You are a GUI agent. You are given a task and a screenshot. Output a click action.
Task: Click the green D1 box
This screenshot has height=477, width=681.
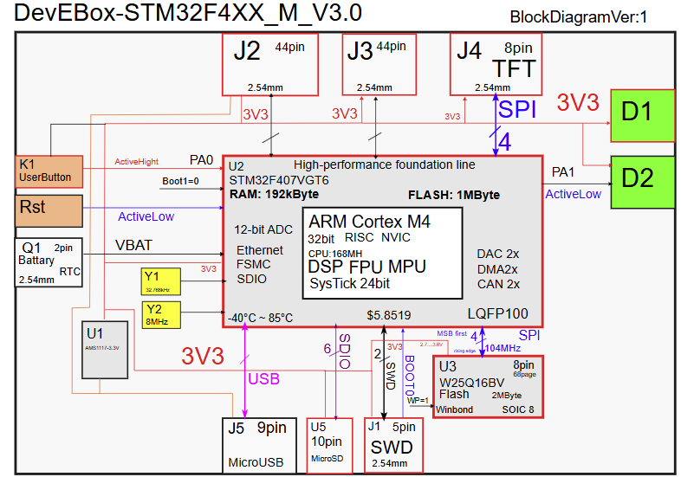(643, 115)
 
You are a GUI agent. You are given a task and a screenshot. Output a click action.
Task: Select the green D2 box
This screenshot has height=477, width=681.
(643, 182)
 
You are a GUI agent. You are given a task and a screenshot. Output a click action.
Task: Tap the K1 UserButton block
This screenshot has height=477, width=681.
(49, 171)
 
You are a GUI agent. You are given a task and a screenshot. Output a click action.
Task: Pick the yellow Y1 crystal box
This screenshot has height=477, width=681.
(162, 282)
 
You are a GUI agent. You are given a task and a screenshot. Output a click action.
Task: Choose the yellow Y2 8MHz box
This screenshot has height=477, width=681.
(162, 315)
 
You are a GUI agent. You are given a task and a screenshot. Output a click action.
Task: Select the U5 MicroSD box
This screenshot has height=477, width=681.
(330, 445)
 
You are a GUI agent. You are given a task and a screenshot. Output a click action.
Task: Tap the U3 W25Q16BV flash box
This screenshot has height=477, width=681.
(488, 387)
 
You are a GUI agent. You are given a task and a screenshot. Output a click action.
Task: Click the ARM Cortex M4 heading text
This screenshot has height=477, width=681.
(369, 222)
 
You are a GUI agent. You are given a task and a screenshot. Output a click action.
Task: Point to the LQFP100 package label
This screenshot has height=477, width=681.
(498, 314)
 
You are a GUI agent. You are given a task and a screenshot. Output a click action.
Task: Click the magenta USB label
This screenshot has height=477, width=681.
(263, 378)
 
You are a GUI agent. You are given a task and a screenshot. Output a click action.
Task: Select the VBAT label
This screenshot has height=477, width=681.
(134, 246)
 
